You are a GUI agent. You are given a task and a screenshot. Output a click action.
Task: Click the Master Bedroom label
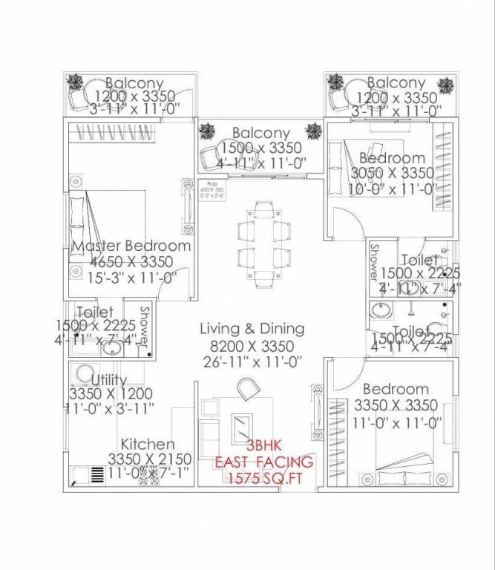tap(131, 246)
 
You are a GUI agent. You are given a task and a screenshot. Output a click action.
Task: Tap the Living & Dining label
tap(252, 329)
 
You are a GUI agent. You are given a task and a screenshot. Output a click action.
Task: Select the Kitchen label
tap(148, 444)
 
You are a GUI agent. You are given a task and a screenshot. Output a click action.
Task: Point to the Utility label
tap(109, 380)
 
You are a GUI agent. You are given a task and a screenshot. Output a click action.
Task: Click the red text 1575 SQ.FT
tap(263, 479)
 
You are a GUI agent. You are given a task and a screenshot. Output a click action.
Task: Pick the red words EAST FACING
tap(263, 462)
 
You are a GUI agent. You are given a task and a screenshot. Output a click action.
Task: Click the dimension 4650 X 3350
tap(131, 263)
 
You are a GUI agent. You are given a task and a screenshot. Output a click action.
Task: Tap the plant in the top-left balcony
tap(75, 81)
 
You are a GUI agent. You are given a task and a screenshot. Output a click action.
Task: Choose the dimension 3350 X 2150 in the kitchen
tap(150, 459)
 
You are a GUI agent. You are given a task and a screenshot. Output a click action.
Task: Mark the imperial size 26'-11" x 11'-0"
tap(252, 362)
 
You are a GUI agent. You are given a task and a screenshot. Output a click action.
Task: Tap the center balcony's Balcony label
tap(260, 134)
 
